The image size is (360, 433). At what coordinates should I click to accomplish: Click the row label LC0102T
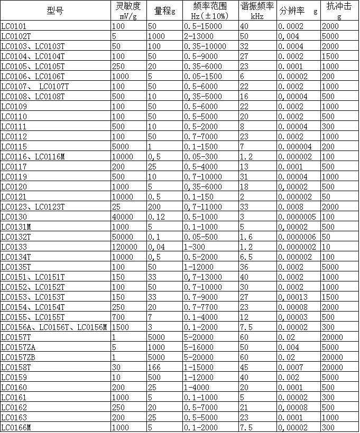[x=17, y=36]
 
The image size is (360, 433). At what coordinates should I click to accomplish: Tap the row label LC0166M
[x=16, y=427]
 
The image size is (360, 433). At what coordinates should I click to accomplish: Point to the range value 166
[x=154, y=367]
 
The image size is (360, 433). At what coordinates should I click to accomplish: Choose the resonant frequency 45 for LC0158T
[x=244, y=367]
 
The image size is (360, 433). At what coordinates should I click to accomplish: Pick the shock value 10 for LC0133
[x=326, y=247]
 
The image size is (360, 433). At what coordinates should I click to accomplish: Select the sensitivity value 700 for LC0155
[x=118, y=317]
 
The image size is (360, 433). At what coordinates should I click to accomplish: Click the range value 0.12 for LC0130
[x=156, y=216]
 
